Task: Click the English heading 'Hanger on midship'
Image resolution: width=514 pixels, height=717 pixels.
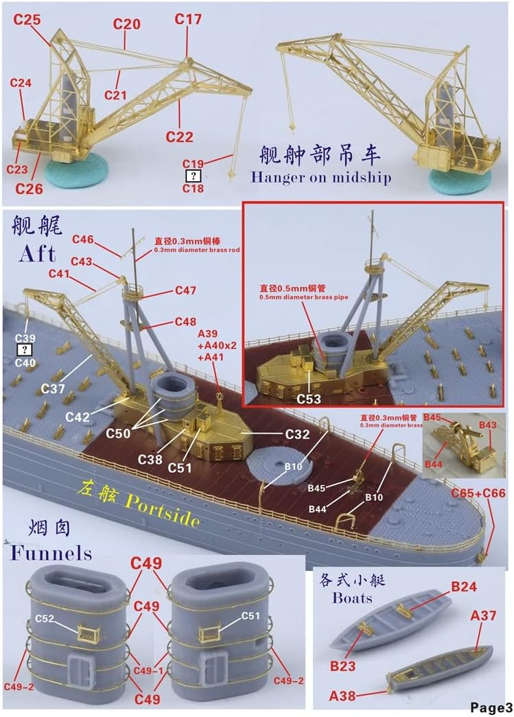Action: (x=320, y=178)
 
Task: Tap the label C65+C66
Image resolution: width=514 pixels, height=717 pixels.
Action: (x=478, y=493)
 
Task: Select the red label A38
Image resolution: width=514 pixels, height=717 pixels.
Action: (x=343, y=695)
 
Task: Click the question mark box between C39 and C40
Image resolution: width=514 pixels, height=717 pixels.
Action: (x=25, y=351)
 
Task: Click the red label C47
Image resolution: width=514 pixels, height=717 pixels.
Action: (x=185, y=290)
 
